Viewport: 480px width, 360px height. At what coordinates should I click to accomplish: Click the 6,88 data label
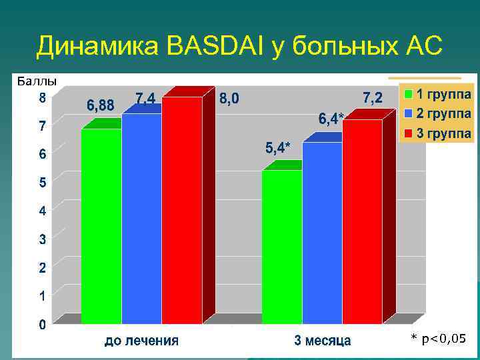101,105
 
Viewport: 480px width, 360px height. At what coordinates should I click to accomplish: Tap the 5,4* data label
278,148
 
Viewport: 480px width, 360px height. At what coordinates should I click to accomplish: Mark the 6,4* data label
331,119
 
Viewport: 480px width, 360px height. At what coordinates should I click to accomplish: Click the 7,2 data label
372,98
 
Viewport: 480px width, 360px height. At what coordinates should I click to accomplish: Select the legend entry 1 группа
437,94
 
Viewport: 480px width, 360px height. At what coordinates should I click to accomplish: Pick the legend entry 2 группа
437,113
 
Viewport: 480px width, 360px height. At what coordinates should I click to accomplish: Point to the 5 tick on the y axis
42,182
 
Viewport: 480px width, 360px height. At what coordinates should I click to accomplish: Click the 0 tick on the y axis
42,325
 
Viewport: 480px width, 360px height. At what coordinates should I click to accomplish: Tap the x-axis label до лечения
141,341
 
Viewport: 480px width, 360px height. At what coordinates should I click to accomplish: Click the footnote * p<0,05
438,339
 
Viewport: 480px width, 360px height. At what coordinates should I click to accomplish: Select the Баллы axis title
37,81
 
